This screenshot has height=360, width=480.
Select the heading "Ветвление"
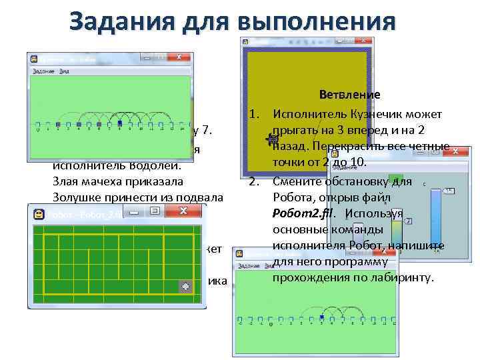[x=349, y=95]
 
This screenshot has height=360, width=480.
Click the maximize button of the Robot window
[x=155, y=212]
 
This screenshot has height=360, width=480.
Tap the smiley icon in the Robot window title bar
[x=39, y=213]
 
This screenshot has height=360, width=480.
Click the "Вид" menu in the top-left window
[x=64, y=71]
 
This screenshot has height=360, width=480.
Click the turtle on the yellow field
[x=271, y=139]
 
